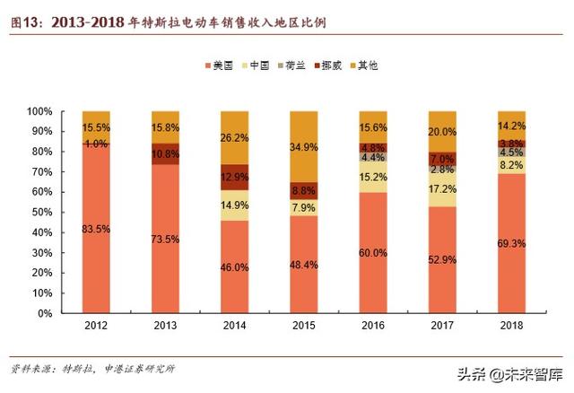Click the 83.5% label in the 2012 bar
(96, 229)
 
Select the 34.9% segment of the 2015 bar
(304, 146)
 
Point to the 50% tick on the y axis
(44, 213)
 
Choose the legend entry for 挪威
(331, 65)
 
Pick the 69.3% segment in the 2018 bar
(512, 243)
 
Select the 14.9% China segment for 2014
(235, 205)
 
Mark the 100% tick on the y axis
(41, 111)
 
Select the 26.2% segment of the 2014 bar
(235, 137)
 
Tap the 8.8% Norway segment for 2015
(304, 190)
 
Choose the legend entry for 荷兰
(295, 65)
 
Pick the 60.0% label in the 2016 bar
(373, 253)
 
